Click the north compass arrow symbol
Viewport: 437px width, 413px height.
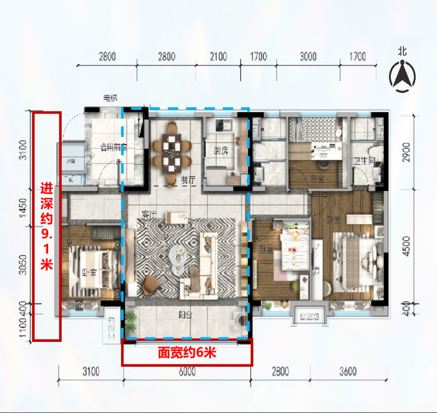(x=403, y=77)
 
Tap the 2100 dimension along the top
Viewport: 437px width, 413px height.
(x=218, y=57)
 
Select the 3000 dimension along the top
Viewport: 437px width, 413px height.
(x=308, y=57)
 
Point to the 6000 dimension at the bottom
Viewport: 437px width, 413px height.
(x=187, y=372)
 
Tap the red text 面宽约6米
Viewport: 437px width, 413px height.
(x=186, y=353)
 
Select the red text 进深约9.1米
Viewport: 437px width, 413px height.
(x=47, y=226)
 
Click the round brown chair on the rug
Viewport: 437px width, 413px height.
(x=150, y=284)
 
